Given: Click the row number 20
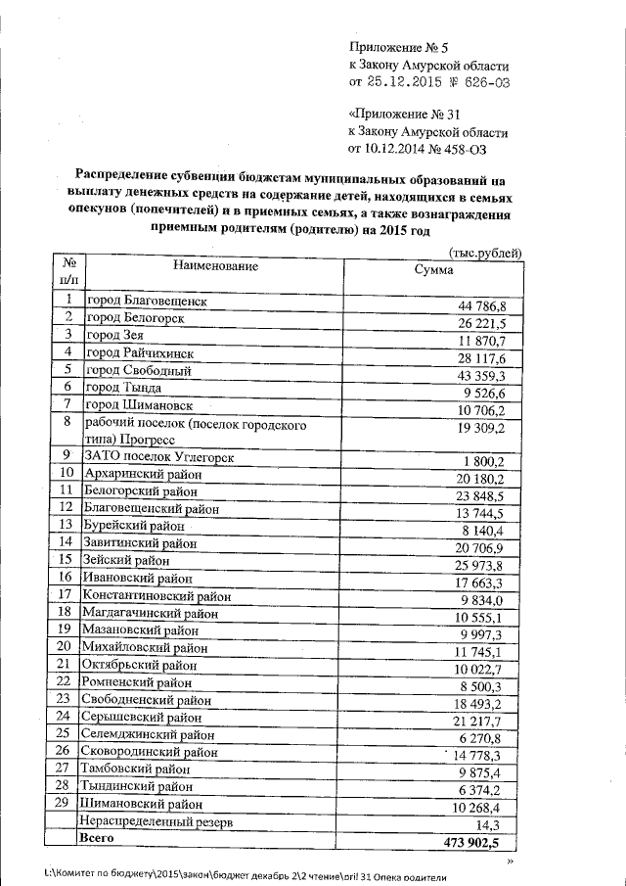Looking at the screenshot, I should (67, 647).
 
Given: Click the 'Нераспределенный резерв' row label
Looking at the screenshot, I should (156, 822).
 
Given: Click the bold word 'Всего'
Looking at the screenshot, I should (98, 840).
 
